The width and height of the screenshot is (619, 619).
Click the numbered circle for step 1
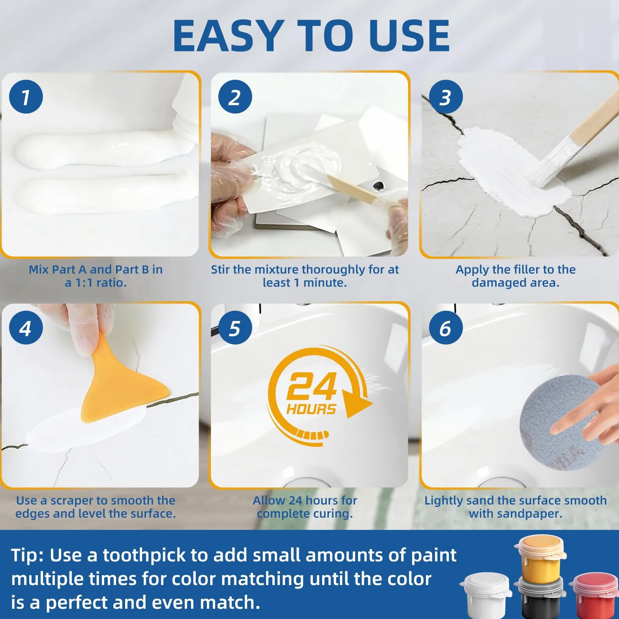click(x=26, y=97)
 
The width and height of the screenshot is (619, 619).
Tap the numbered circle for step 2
click(x=235, y=97)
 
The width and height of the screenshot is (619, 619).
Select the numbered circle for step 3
click(x=446, y=97)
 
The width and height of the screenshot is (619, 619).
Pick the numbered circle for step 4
click(x=26, y=328)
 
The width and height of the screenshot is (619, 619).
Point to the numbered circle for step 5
click(x=235, y=328)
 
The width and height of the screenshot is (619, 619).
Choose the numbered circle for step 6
click(x=446, y=328)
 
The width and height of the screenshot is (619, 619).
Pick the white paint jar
click(x=486, y=596)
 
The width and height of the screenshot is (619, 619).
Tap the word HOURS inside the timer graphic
click(x=311, y=409)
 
